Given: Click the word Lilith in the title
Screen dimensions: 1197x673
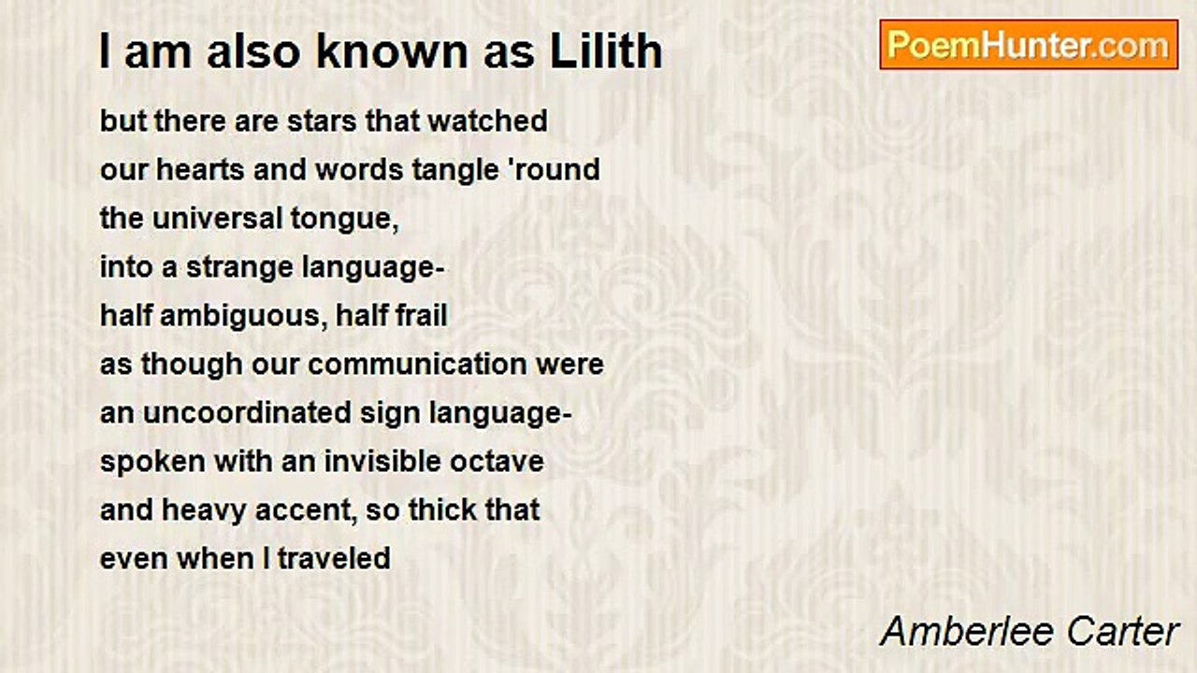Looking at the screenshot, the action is coord(606,51).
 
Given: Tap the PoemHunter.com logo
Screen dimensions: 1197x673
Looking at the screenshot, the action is coord(1029,45).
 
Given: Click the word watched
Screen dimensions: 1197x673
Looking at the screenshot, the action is coord(488,121).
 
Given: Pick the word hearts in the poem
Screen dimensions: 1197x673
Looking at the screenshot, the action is coord(200,170).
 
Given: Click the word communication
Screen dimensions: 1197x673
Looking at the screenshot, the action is coord(417,365).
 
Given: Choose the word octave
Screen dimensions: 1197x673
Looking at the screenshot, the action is coord(497,463).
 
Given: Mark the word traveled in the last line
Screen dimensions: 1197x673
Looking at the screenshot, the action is coord(334,559).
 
